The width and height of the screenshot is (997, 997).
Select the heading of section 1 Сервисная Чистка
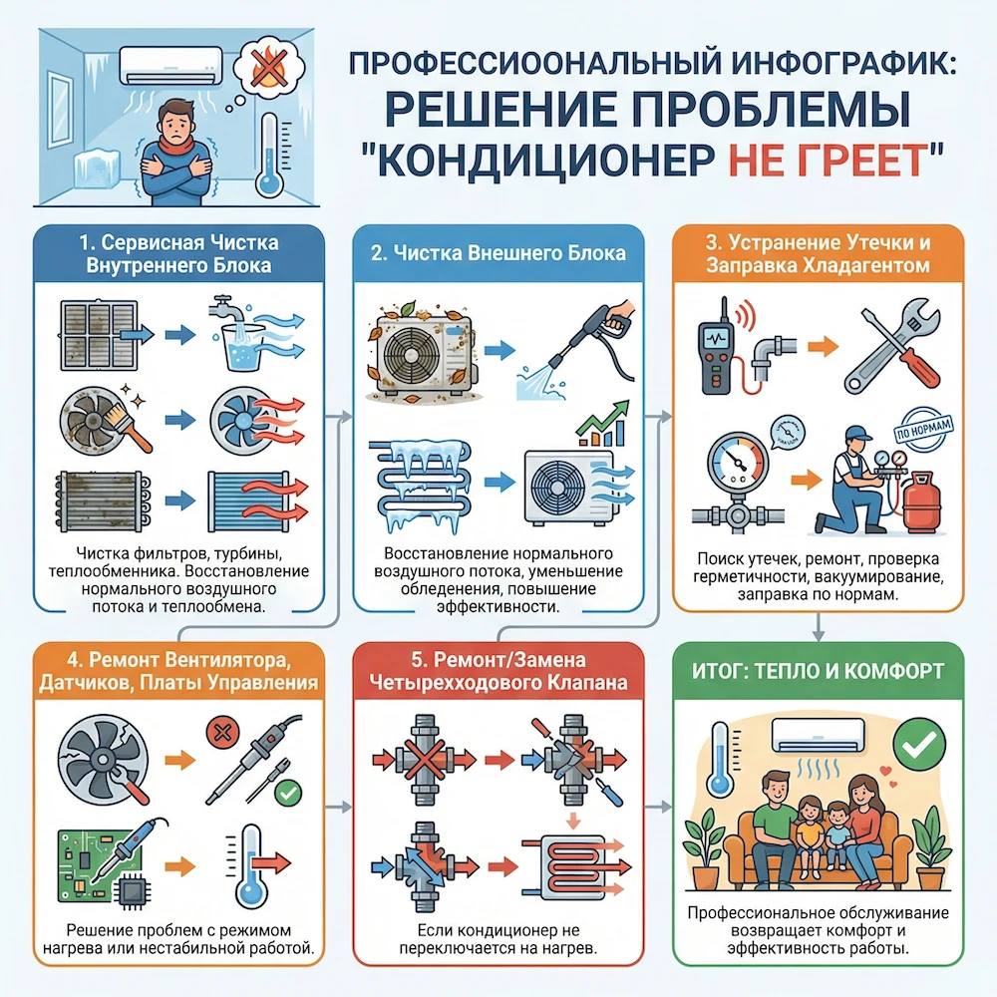click(178, 255)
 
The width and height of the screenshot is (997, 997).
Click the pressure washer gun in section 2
click(587, 334)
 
